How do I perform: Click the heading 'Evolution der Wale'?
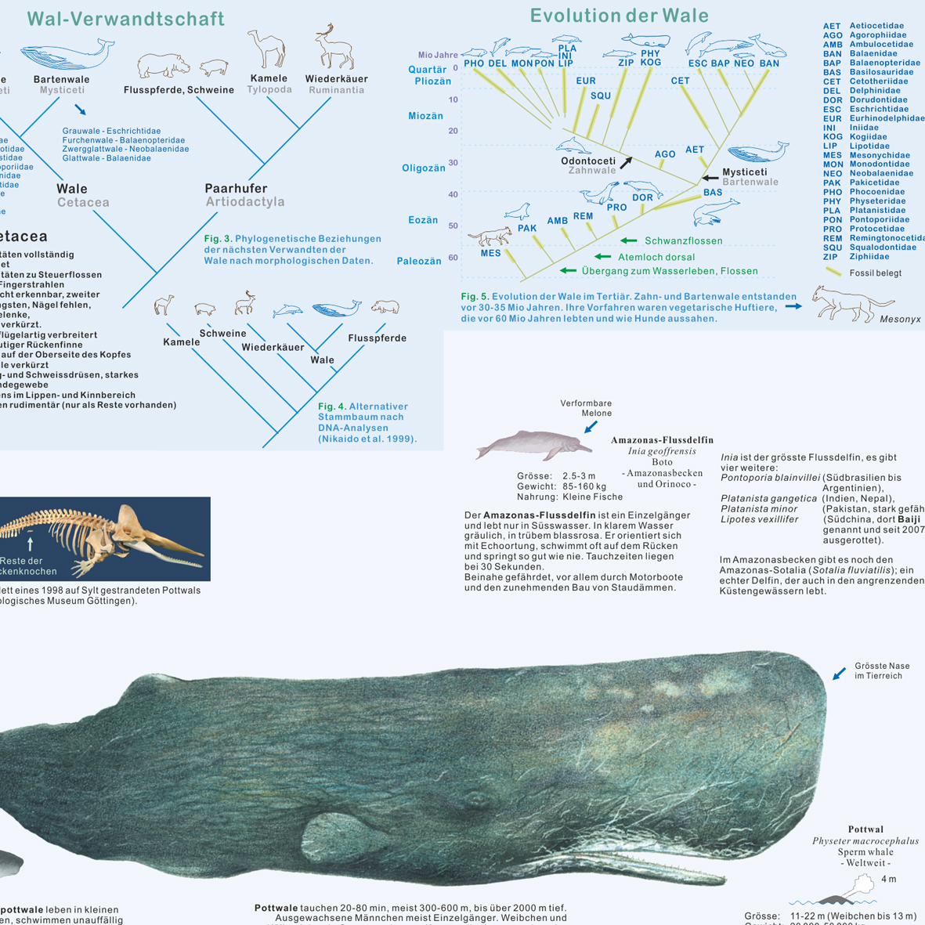pos(619,16)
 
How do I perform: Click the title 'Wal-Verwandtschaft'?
pos(125,19)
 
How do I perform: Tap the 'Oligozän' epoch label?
pos(424,168)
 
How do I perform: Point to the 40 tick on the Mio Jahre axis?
pos(453,194)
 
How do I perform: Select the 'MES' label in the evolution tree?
pos(491,253)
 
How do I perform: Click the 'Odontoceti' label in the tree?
pos(588,161)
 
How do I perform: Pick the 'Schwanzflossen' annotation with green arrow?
pos(683,241)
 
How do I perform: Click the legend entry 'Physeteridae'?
pos(876,201)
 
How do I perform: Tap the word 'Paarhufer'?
pos(236,189)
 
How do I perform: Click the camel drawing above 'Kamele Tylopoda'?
pos(266,49)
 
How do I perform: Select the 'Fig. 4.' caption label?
pos(331,406)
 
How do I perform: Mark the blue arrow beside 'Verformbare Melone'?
pos(591,426)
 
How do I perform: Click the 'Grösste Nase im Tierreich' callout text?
pos(882,671)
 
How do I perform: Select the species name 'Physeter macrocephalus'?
pos(865,841)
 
